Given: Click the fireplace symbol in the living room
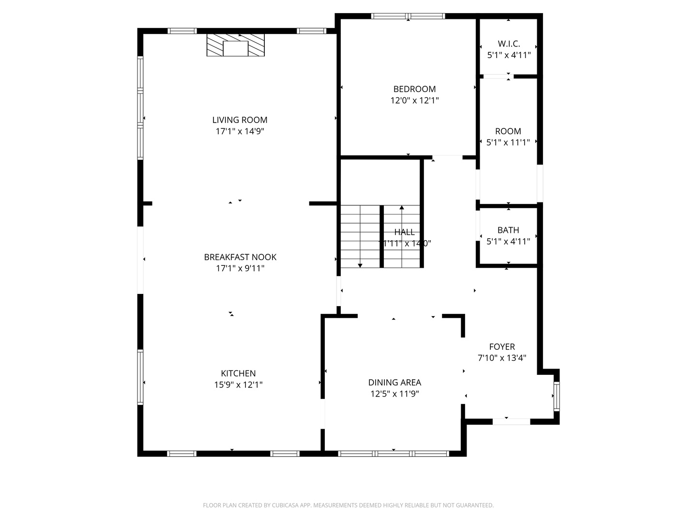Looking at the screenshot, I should point(236,45).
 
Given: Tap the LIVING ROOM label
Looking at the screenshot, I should point(240,120).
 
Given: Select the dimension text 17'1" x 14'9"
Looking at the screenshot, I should point(240,131).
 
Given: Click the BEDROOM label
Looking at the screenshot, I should point(414,89).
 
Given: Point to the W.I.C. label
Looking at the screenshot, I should point(509,44).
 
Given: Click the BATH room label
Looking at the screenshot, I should point(508,230).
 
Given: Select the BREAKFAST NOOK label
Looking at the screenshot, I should point(240,257).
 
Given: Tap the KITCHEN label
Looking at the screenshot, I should point(238,373).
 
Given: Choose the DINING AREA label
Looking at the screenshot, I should point(394,383).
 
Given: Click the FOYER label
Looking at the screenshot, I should point(502,347).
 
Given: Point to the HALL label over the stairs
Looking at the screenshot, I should point(404,232).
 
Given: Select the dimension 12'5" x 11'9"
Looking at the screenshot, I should point(394,394).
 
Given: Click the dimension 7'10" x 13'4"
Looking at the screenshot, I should point(502,358).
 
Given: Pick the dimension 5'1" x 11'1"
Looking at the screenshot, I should point(508,142).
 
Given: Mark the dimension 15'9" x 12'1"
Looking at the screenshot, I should point(238,385).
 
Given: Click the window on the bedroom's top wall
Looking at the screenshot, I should point(408,16).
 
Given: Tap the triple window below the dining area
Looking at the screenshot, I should point(394,454).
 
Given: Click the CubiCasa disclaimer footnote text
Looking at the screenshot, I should point(348,505).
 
